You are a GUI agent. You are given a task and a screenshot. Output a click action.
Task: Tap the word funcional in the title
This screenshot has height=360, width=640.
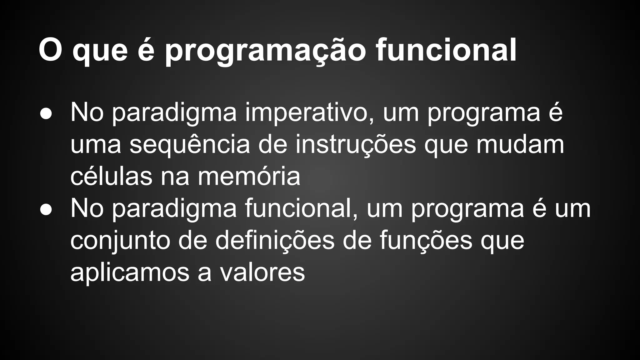pos(446,50)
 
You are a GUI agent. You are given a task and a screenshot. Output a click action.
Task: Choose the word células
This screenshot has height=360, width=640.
pos(112,177)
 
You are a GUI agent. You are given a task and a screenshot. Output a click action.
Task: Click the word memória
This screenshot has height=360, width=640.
pos(249,177)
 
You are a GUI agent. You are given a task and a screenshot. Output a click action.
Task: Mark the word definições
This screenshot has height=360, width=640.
pos(275,241)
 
